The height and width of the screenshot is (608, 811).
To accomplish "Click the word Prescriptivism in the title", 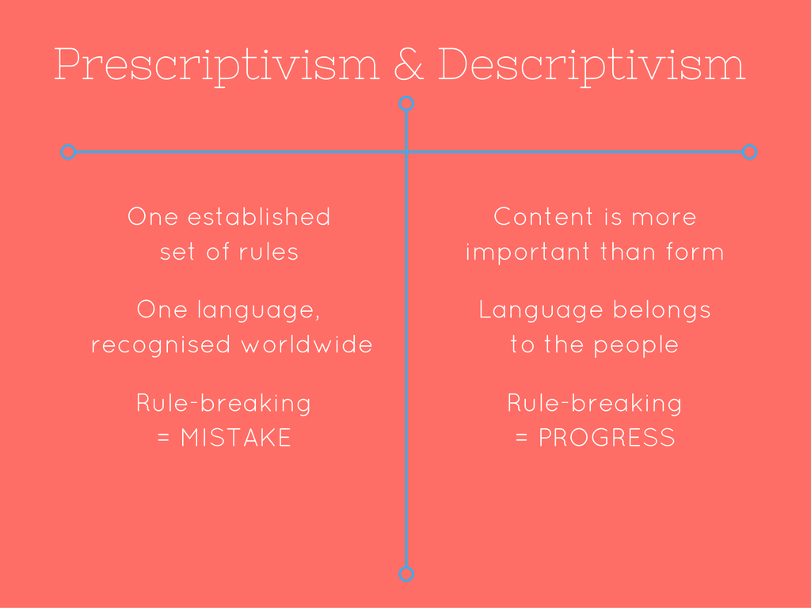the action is tap(217, 66).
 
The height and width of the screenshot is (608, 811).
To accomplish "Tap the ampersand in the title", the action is tap(409, 64).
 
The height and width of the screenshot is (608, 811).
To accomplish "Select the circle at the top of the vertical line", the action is tap(406, 104).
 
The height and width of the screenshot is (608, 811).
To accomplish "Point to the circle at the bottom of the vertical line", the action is tap(406, 574).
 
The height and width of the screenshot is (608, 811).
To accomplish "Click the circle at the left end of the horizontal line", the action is tap(68, 152).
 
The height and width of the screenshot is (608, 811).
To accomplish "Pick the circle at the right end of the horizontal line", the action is tap(749, 152).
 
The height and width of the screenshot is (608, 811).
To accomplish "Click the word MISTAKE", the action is tap(236, 438).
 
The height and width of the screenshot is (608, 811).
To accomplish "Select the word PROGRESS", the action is tap(607, 438).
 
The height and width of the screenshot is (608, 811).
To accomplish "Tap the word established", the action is tap(259, 217).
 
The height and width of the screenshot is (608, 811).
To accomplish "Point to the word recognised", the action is tap(161, 346).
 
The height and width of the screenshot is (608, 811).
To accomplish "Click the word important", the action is tap(527, 253).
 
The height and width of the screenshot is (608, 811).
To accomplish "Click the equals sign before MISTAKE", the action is tap(163, 439).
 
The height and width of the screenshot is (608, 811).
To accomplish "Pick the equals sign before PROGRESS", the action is tap(521, 439).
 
